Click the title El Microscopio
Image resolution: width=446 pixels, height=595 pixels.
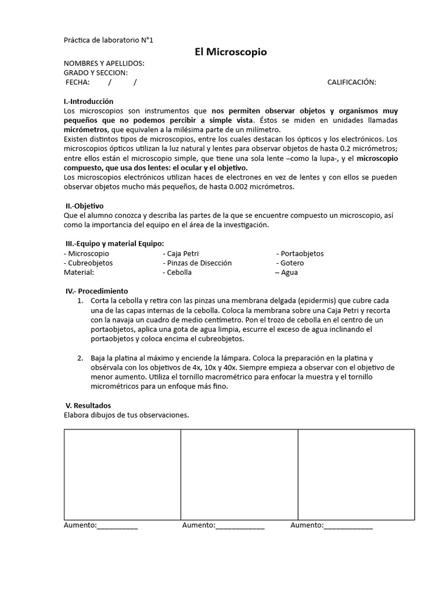(x=231, y=52)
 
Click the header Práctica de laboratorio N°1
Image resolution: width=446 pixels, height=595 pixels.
(x=108, y=40)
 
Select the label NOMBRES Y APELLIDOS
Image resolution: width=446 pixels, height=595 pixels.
(x=104, y=63)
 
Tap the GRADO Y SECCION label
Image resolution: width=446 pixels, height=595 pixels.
(x=95, y=73)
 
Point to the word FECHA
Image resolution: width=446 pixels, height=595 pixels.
(x=77, y=82)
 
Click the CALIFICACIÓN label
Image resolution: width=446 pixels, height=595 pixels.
(x=351, y=82)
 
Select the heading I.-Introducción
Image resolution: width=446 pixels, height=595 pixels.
(x=89, y=101)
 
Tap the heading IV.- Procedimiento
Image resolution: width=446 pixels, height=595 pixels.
(x=96, y=291)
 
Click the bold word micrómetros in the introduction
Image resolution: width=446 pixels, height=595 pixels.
(x=84, y=130)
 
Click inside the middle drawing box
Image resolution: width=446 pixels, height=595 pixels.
(x=239, y=474)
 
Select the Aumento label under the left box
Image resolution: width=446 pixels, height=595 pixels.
(x=80, y=525)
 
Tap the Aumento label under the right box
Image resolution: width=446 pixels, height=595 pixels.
(x=307, y=525)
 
